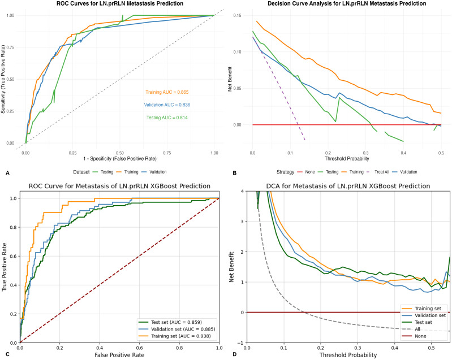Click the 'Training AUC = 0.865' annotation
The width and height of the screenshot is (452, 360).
point(167,92)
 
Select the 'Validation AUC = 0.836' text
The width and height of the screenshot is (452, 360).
point(167,105)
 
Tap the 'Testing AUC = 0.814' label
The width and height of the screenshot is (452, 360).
point(167,118)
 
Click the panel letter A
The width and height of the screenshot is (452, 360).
point(7,173)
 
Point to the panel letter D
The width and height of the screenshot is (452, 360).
point(234,354)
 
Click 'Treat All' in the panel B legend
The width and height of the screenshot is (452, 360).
point(382,172)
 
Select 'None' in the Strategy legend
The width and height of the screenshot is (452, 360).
point(310,172)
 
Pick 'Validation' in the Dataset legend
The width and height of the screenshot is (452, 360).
point(158,172)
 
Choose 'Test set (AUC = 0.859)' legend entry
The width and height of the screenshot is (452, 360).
point(176,322)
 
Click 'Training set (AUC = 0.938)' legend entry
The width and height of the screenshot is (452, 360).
point(180,336)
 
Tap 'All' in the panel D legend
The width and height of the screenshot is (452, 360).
point(417,329)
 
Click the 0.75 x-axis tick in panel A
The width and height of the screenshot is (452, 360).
point(167,153)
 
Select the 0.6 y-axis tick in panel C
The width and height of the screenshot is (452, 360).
point(12,256)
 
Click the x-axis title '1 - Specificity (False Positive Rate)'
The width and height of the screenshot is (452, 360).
point(120,159)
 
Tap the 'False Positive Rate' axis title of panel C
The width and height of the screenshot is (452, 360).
point(119,355)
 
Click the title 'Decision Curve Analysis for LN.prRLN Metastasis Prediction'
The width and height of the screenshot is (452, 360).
point(347,4)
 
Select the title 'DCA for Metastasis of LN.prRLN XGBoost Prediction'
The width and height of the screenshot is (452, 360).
point(348,186)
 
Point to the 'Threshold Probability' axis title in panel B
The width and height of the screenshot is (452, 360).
point(347,158)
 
